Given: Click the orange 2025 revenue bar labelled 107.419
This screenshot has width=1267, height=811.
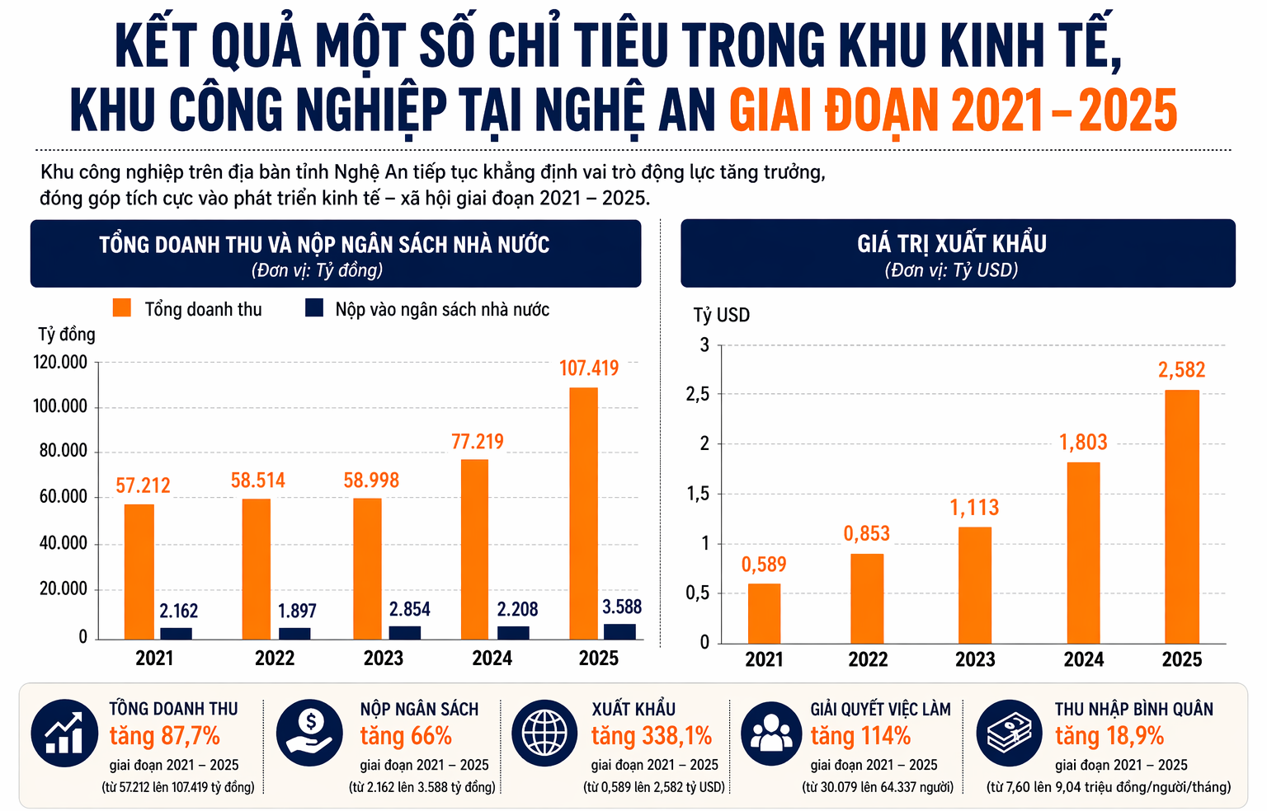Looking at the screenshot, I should [x=583, y=513].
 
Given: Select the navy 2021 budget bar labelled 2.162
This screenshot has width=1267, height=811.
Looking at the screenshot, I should [x=176, y=633].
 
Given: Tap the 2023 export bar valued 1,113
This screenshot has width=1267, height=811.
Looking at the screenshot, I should [x=974, y=584].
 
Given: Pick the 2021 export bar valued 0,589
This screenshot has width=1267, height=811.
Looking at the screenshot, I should [x=764, y=613].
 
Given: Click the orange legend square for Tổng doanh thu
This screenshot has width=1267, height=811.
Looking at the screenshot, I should [x=122, y=308].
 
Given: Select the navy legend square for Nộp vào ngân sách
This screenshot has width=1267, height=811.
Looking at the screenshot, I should [x=314, y=308].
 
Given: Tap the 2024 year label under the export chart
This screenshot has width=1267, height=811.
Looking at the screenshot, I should [x=1083, y=659].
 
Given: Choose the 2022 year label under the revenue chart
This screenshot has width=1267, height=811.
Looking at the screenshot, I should [x=275, y=659].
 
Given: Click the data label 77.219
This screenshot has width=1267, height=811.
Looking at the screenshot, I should [x=477, y=442].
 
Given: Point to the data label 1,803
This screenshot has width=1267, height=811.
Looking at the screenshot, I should [x=1083, y=443].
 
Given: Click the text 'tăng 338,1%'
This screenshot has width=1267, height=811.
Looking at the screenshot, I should [x=651, y=736].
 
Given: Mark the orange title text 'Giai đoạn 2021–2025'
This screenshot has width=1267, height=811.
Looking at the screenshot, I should [x=953, y=110].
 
